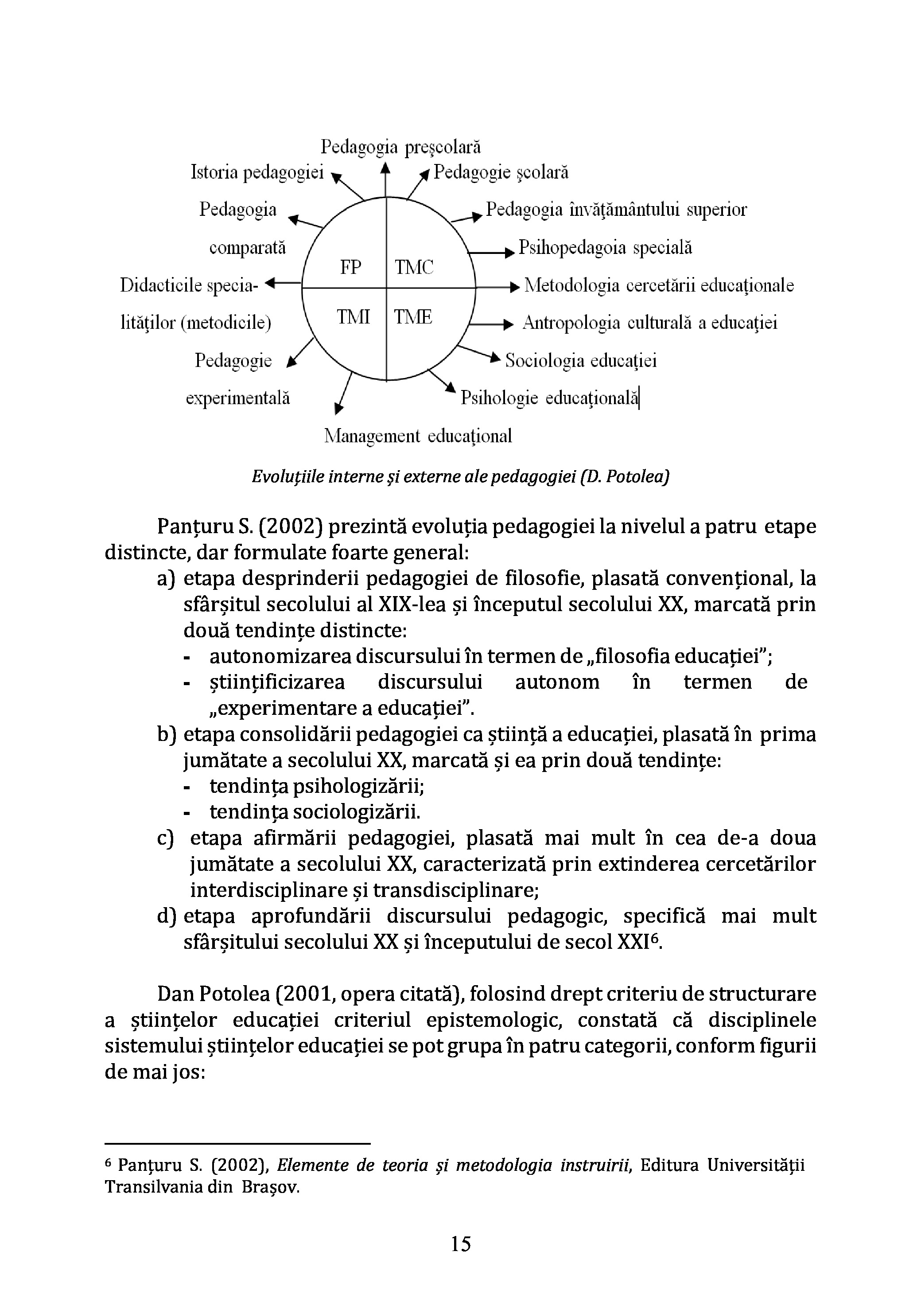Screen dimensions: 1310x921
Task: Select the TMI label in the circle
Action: [x=353, y=317]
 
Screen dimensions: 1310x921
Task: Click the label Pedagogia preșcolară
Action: [x=400, y=147]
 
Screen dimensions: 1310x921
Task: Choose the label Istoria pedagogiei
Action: [x=256, y=172]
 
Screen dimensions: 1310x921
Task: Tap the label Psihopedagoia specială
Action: [x=605, y=248]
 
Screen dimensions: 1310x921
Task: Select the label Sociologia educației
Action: [x=581, y=361]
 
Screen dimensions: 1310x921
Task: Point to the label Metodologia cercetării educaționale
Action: [x=659, y=285]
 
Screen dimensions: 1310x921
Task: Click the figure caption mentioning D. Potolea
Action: [x=460, y=476]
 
